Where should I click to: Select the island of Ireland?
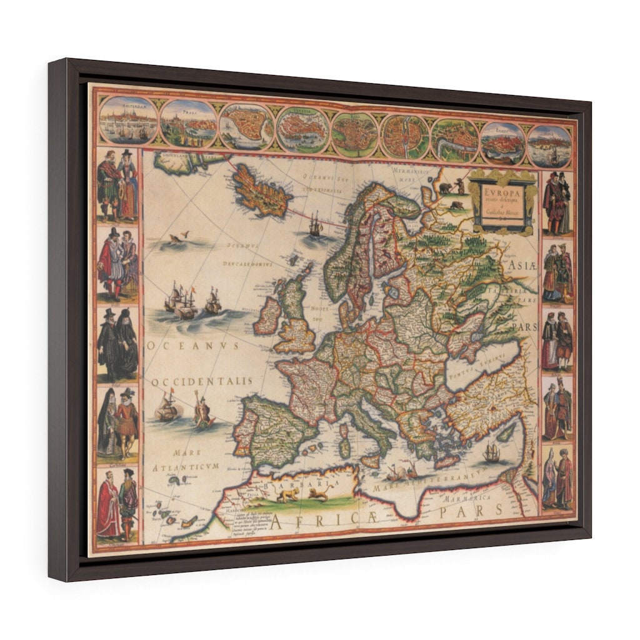(268, 317)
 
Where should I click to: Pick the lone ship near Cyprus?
(491, 453)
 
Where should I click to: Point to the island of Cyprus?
(506, 432)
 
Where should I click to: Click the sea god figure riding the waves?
(203, 412)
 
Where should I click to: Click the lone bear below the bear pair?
(457, 203)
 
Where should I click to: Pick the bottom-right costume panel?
(557, 479)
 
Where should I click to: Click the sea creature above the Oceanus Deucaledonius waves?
(176, 237)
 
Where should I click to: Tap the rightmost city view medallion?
(549, 146)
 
